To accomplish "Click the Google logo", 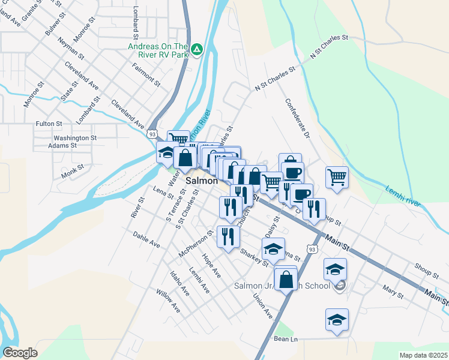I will (x=20, y=353).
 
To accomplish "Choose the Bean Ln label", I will (x=286, y=340).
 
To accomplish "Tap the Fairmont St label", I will (x=146, y=77).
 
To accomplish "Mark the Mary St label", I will (x=393, y=292).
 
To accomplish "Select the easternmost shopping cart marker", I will (x=337, y=176).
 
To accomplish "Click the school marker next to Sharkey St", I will (x=273, y=248).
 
